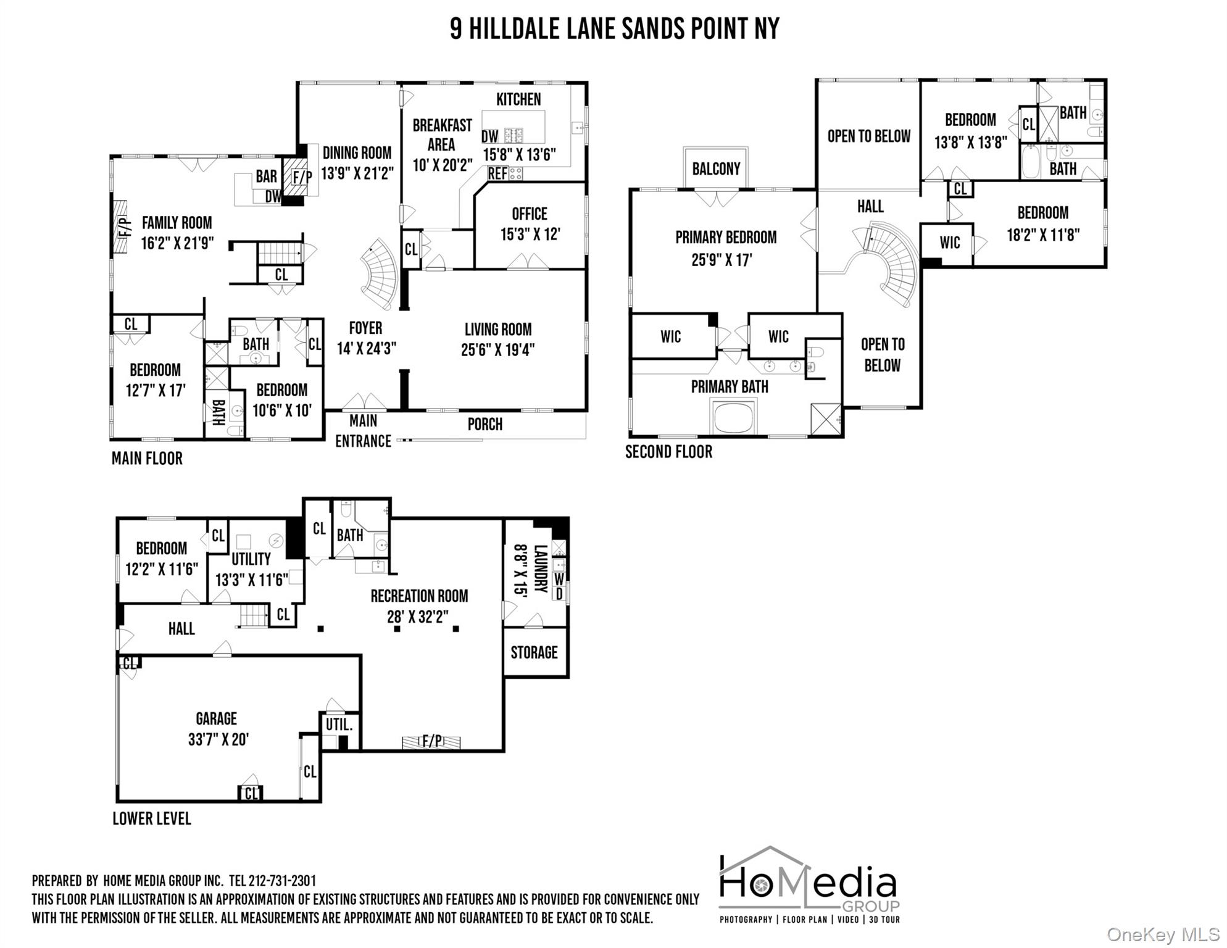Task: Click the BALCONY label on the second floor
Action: tap(715, 168)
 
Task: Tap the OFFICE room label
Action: tap(529, 214)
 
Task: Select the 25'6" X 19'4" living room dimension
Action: tap(497, 350)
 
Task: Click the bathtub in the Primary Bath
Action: tap(733, 417)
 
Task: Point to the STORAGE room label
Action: tap(534, 652)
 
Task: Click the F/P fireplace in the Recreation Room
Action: tap(431, 741)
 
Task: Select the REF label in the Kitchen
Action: tap(497, 174)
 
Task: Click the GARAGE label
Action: tap(216, 718)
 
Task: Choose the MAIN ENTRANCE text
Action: tap(363, 431)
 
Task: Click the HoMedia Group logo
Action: tap(809, 885)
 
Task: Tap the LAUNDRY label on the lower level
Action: tap(540, 568)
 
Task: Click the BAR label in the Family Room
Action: tap(267, 177)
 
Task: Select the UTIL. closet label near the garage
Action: tap(339, 725)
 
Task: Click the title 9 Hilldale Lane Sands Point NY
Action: tap(614, 29)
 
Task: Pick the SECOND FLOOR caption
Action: tap(668, 452)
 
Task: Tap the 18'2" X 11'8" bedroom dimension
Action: tap(1042, 235)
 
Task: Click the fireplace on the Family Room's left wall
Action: tap(121, 227)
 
